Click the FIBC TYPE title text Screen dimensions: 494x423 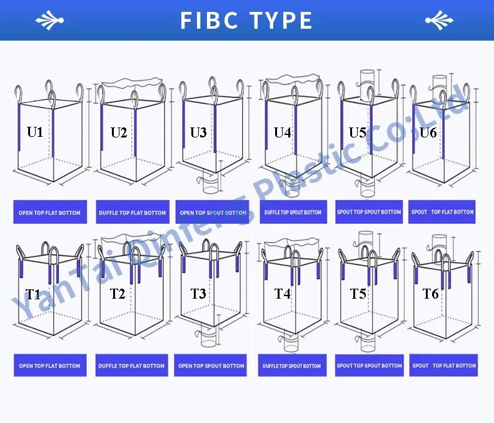click(246, 21)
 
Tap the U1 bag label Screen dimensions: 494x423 click(35, 132)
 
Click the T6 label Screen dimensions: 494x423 click(430, 293)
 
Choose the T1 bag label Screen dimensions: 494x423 click(33, 294)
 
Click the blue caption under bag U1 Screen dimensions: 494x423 click(49, 212)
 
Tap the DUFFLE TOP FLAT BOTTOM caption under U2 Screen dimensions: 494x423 click(133, 212)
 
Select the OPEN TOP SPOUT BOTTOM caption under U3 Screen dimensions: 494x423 click(213, 212)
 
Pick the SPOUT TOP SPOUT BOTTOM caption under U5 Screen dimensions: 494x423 click(369, 212)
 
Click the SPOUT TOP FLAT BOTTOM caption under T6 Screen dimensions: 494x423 click(444, 366)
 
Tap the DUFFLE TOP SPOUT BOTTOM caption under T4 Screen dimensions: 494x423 click(291, 366)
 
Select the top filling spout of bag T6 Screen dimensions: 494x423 click(440, 242)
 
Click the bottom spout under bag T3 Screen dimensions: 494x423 click(208, 338)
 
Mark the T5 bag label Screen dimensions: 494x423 click(358, 293)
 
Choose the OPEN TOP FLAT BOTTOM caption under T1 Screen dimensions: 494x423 click(49, 366)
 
